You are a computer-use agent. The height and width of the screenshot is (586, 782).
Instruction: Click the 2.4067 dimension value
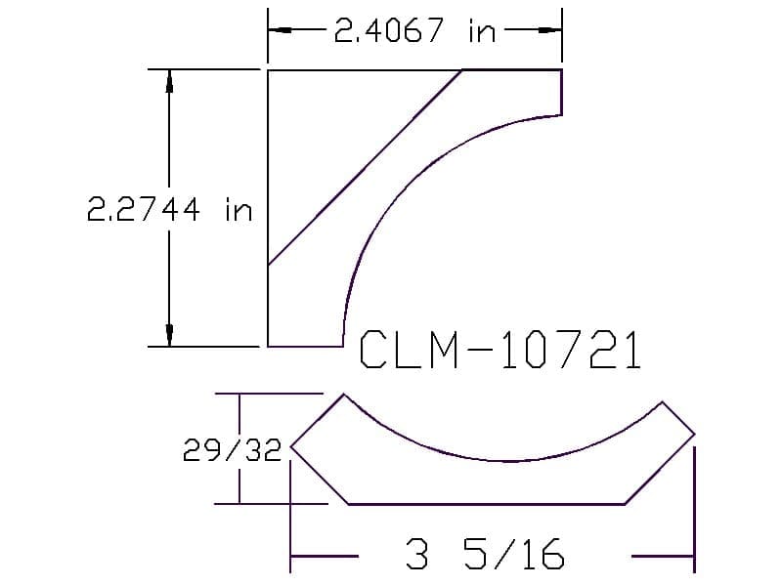pyautogui.click(x=388, y=30)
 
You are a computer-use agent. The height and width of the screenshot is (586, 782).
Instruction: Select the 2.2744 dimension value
pyautogui.click(x=144, y=209)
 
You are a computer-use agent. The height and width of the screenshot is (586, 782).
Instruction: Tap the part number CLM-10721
pyautogui.click(x=500, y=350)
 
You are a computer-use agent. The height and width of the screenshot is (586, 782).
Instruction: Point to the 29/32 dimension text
pyautogui.click(x=232, y=450)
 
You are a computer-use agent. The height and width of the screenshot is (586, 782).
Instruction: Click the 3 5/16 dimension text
pyautogui.click(x=485, y=554)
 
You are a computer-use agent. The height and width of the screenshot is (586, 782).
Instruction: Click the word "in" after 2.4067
pyautogui.click(x=482, y=31)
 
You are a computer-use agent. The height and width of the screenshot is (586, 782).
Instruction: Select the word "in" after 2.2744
pyautogui.click(x=239, y=210)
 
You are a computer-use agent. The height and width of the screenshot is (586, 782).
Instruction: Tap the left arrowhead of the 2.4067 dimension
pyautogui.click(x=280, y=30)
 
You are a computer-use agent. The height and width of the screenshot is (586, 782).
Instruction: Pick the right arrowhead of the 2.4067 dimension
pyautogui.click(x=550, y=30)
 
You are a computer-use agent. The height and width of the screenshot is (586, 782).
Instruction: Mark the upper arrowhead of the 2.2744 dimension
pyautogui.click(x=169, y=81)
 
